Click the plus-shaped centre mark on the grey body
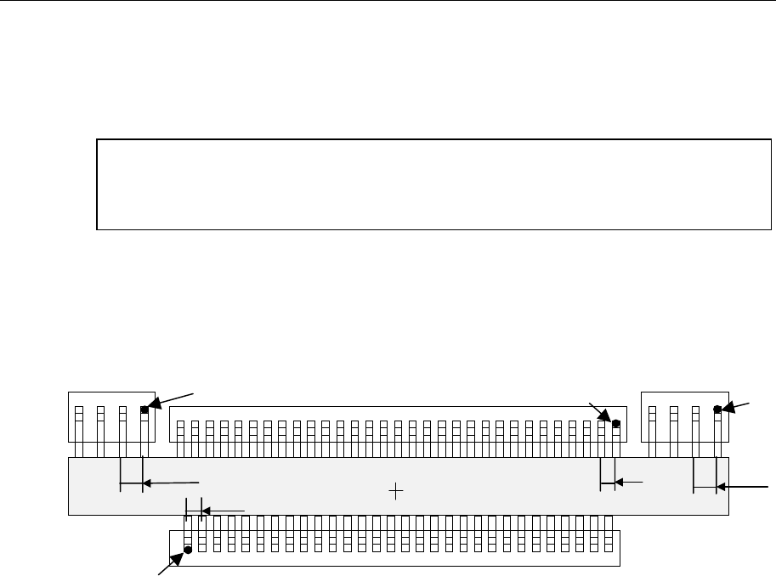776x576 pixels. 395,490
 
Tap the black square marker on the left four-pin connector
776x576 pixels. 144,409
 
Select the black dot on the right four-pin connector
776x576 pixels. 717,409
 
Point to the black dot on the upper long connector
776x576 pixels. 616,423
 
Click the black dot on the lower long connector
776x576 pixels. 188,550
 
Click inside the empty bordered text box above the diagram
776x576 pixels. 433,184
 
